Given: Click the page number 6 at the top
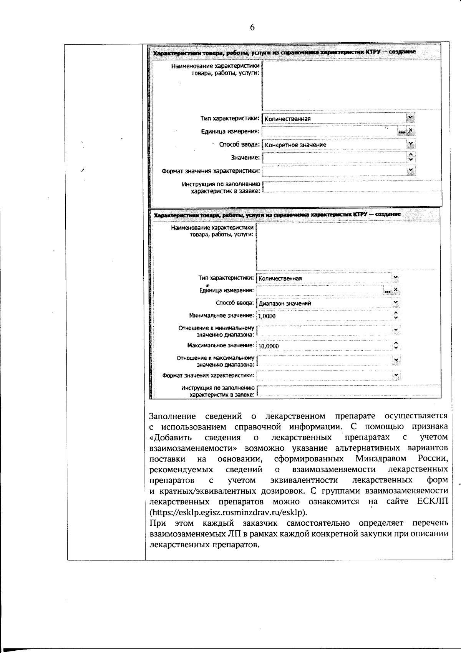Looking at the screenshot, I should (252, 27).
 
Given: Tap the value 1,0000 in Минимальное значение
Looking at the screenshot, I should (267, 316).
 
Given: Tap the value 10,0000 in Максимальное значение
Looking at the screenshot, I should (269, 346).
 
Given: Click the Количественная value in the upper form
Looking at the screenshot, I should (288, 119).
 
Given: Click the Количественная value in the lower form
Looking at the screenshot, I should (280, 278).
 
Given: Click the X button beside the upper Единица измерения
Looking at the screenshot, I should (411, 131).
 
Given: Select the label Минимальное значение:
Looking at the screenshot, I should (222, 316).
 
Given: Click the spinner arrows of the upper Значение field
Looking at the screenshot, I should (411, 157).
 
